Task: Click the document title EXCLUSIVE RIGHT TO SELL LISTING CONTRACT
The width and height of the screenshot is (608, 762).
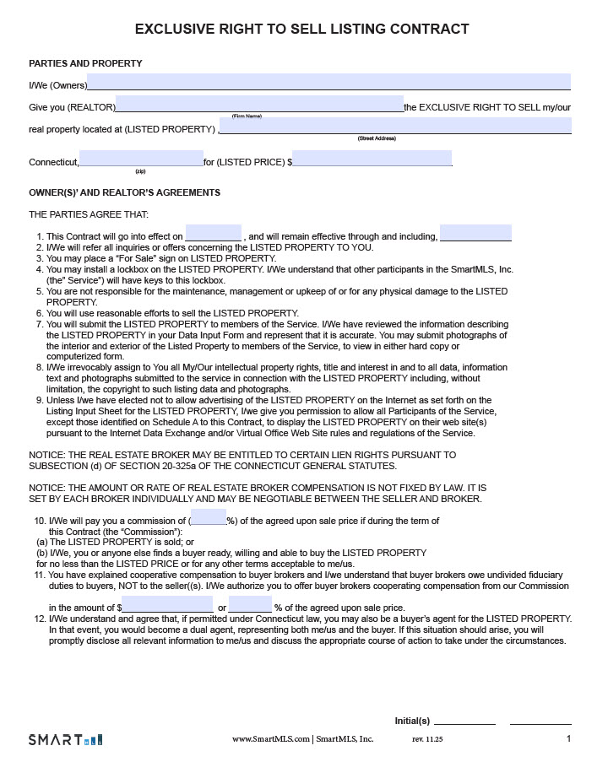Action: tap(302, 30)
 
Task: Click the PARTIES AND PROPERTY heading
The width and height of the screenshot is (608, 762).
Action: tap(85, 63)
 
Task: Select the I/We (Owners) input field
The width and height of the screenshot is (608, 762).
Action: tap(328, 83)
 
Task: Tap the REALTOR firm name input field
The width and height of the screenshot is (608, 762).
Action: tap(259, 105)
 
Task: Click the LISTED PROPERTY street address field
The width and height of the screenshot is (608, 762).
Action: tap(395, 127)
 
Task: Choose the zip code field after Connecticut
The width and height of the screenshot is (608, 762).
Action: tap(141, 159)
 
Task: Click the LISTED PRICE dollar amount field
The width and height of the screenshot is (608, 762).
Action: tap(372, 159)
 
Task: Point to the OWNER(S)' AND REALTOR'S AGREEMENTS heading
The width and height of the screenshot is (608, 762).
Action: tap(124, 192)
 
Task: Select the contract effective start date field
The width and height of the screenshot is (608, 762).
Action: tap(213, 234)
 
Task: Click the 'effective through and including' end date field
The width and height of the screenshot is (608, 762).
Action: tap(475, 233)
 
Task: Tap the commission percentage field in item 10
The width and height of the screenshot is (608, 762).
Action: tap(208, 517)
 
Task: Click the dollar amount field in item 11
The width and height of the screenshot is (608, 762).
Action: tap(167, 605)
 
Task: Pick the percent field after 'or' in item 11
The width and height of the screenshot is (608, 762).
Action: tap(250, 605)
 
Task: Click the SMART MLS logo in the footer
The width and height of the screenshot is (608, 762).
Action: tap(65, 739)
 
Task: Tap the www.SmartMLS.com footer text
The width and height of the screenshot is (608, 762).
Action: tap(270, 739)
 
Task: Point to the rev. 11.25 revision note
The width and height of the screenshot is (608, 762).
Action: tap(427, 739)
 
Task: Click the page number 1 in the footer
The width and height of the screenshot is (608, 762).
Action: tap(569, 738)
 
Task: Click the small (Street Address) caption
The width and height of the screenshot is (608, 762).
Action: tap(377, 138)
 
